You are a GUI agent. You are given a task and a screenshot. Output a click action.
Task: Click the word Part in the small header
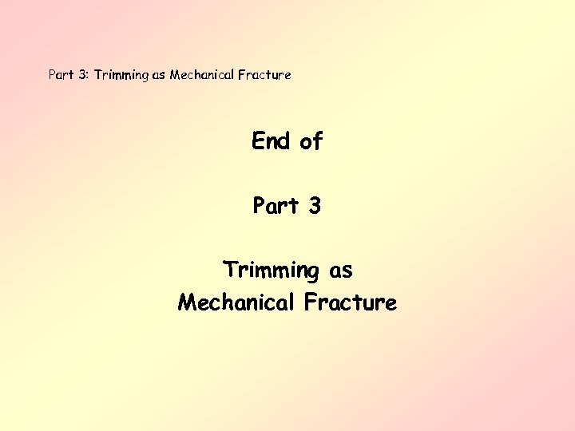point(61,75)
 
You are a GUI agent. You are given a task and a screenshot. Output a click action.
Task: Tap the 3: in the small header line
point(83,75)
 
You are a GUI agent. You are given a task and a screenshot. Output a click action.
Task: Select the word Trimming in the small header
point(121,75)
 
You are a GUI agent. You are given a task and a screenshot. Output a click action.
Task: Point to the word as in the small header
point(159,75)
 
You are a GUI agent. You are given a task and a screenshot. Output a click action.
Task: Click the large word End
point(272,141)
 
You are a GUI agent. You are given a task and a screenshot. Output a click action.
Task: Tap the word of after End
point(311,142)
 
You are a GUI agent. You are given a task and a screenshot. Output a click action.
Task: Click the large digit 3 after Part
point(314,206)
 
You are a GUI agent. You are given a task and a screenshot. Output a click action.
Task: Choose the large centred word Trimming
point(271,271)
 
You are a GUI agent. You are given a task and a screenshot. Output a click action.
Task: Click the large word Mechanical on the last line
point(236,302)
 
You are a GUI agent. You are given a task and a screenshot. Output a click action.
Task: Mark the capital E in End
point(258,141)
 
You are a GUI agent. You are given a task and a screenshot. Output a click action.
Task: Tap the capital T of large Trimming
point(230,270)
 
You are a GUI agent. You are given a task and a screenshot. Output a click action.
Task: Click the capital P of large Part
point(259,206)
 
